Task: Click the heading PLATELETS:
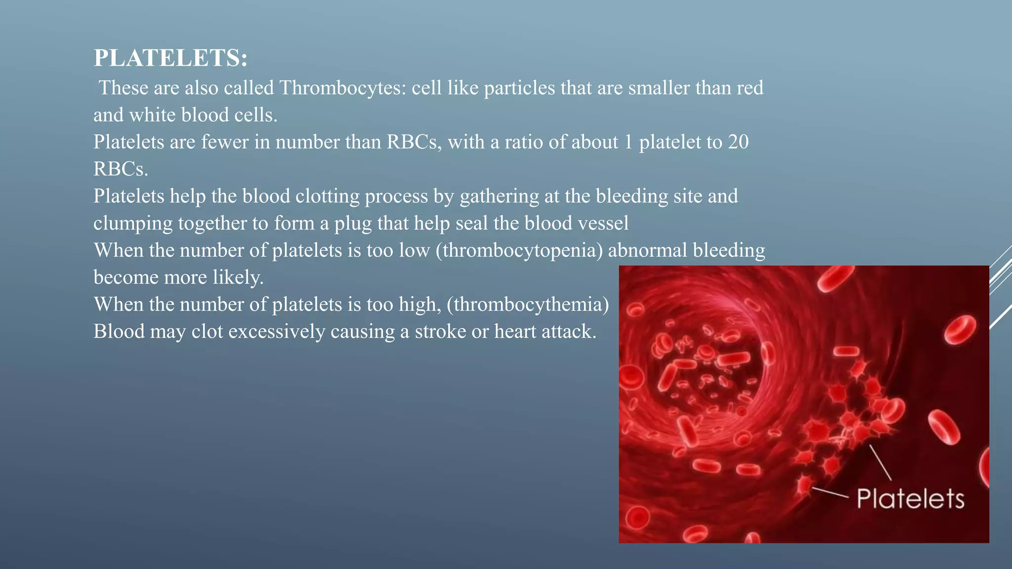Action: coord(170,58)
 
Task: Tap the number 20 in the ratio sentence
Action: coord(738,142)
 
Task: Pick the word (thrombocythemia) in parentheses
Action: coord(528,304)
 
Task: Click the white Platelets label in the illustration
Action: coord(910,498)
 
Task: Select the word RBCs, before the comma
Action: coord(414,142)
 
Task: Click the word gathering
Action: coord(499,197)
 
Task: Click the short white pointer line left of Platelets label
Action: coord(830,492)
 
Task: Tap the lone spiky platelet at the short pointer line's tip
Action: coord(804,485)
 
